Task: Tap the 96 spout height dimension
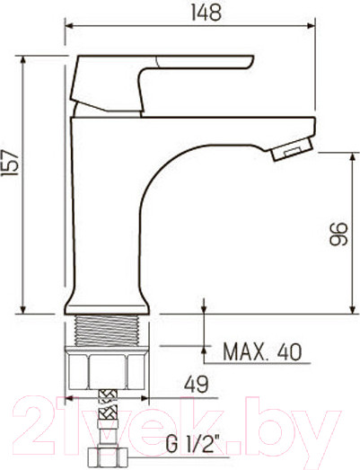[x=337, y=235]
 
